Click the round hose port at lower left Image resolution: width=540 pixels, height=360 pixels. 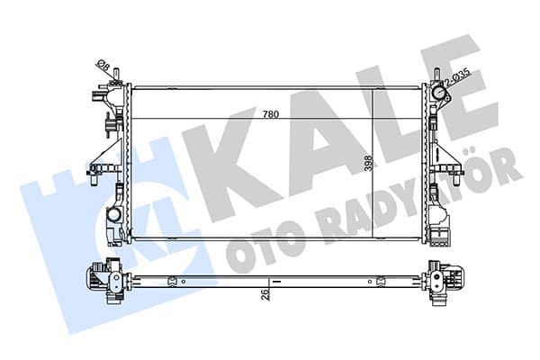tap(114, 216)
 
